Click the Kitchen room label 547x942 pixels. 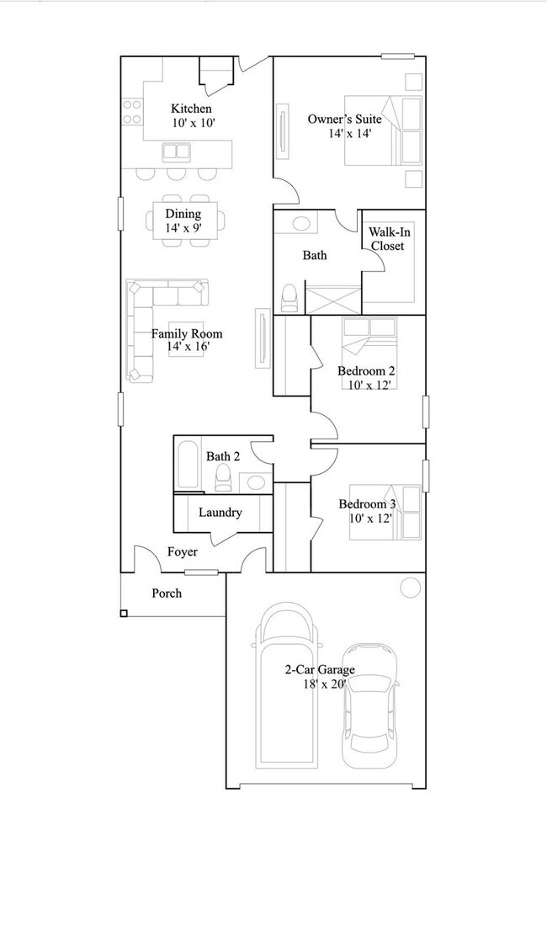click(191, 109)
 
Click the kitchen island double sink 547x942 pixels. click(176, 152)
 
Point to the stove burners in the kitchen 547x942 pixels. click(132, 112)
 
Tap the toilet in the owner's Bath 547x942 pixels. click(289, 297)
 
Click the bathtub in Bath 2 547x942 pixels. click(189, 466)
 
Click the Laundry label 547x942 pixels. click(220, 512)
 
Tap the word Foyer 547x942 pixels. click(183, 552)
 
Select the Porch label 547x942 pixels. click(167, 593)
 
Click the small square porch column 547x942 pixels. click(124, 613)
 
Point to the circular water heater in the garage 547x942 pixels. click(410, 587)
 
